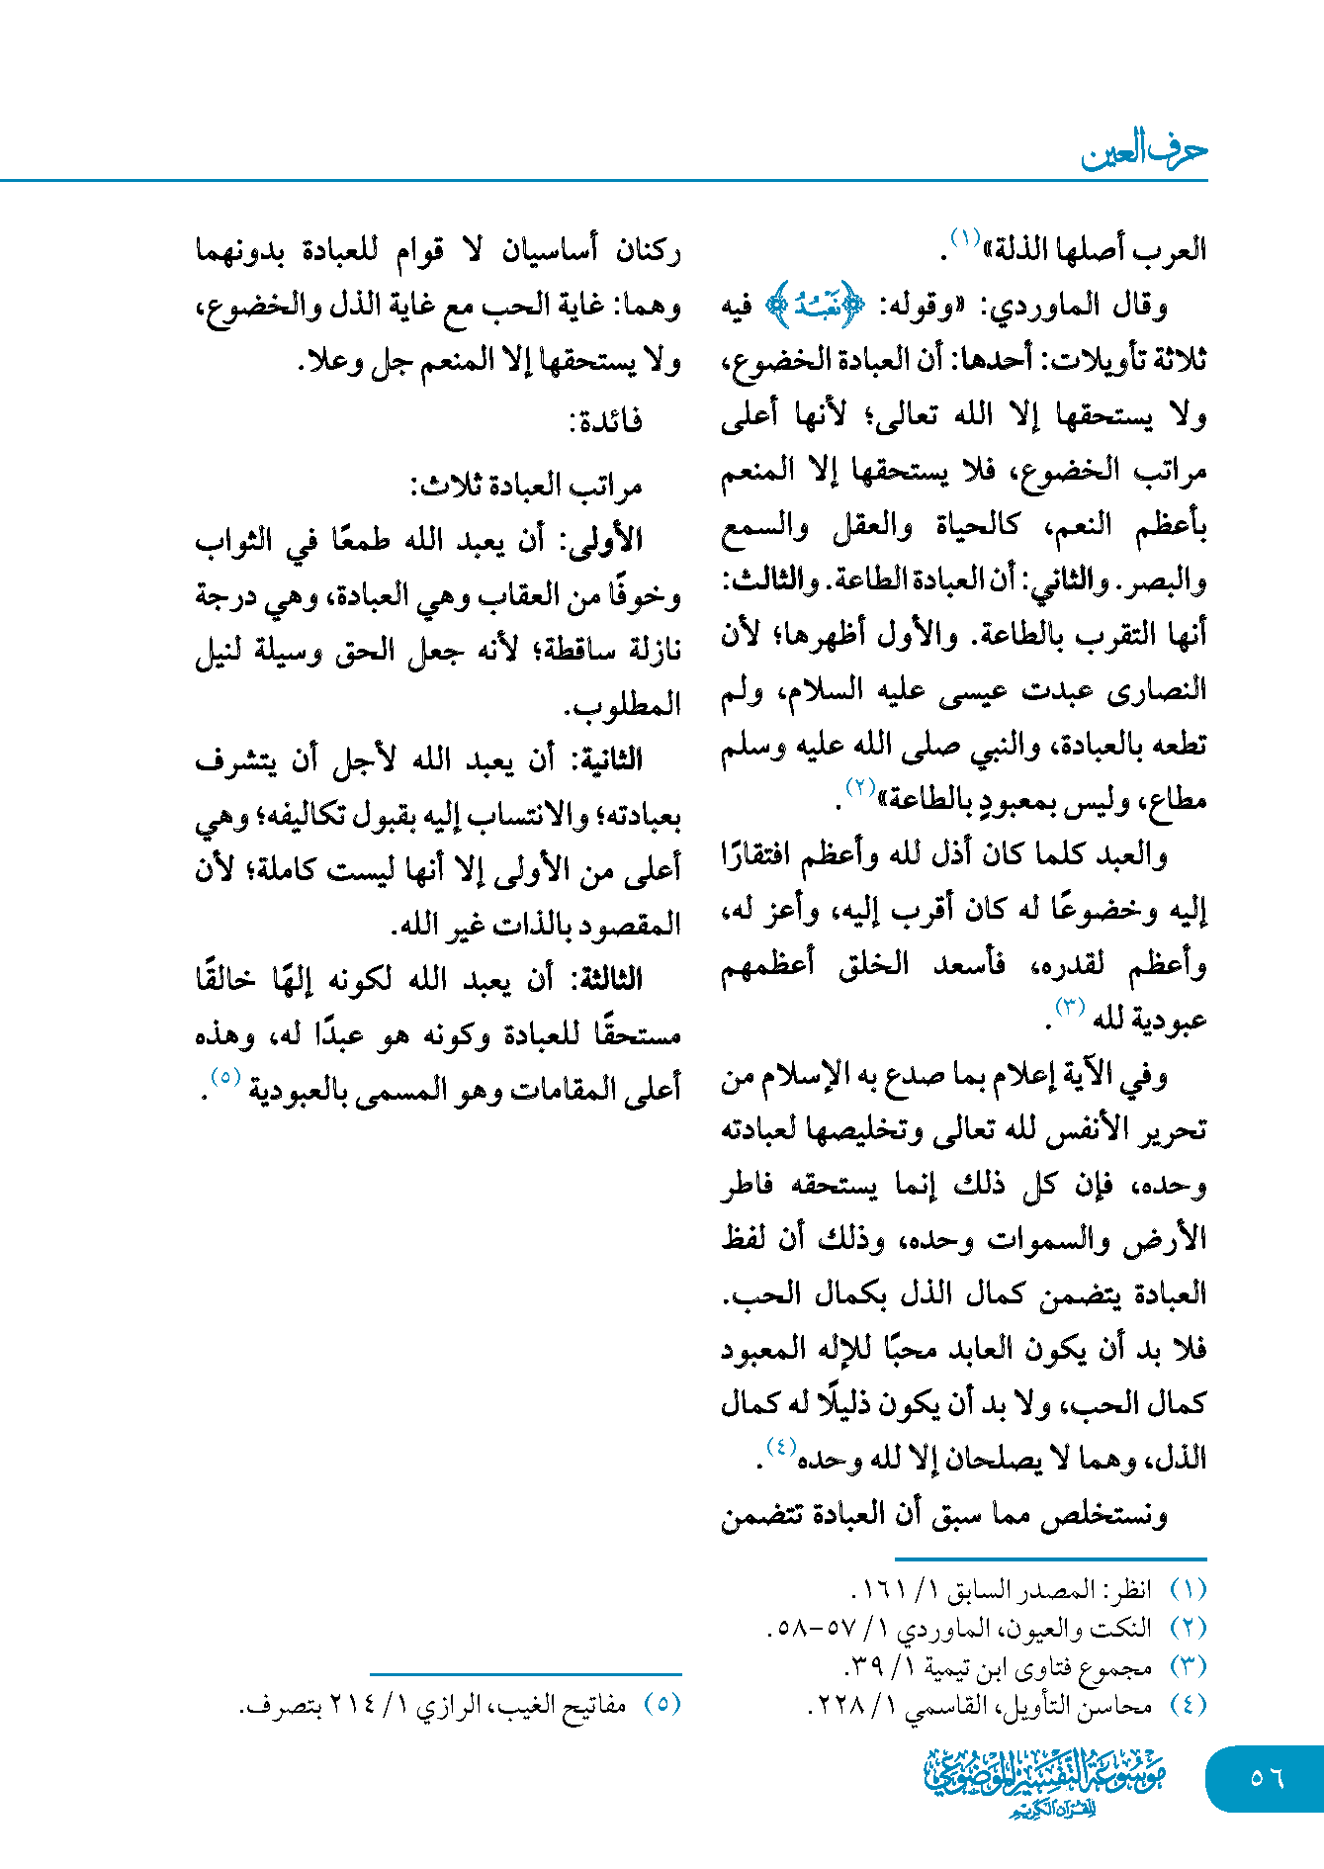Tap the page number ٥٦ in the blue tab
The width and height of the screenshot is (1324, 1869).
point(1266,1778)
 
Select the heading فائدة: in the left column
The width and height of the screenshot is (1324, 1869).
point(605,421)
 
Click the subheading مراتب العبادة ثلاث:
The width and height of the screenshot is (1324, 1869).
point(526,486)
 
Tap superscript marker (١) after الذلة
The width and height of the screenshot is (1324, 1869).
point(964,237)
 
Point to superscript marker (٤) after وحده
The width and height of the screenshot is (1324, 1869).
point(779,1446)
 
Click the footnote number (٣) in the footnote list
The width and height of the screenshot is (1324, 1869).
point(1188,1666)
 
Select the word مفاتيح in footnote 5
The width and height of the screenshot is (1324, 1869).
point(594,1705)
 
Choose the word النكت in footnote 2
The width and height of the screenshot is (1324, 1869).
point(1128,1629)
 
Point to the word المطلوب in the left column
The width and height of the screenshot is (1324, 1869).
point(623,706)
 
